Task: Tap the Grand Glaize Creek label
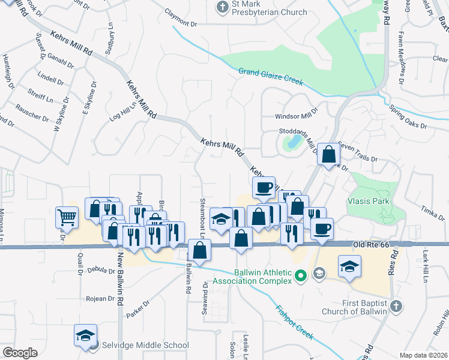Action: tap(270, 76)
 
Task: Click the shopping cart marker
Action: tap(67, 217)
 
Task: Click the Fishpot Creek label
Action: tap(294, 322)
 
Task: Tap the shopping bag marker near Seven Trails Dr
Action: tap(328, 155)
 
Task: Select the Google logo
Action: tap(20, 353)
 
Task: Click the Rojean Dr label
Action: tap(100, 298)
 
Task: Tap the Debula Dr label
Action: tap(100, 271)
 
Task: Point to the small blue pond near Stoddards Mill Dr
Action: tap(294, 142)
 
